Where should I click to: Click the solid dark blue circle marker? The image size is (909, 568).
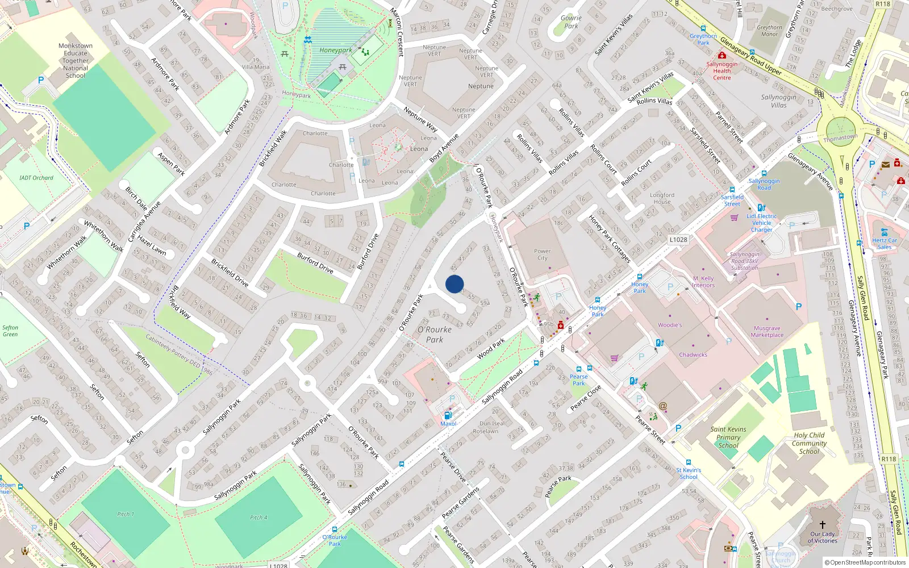tap(454, 284)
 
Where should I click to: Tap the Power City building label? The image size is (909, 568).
tap(542, 254)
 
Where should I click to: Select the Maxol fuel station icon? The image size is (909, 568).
tap(448, 416)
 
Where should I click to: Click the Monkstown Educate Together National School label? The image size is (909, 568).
tap(76, 61)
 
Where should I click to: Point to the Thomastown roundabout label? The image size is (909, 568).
tap(840, 138)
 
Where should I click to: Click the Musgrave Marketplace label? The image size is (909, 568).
tap(767, 332)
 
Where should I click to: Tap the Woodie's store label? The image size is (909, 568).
tap(670, 325)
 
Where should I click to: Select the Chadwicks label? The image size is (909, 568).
tap(693, 354)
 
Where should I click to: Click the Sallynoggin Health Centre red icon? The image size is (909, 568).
tap(722, 56)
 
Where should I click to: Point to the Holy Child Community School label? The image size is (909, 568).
tap(809, 443)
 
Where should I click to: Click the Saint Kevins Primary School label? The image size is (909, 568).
tap(728, 437)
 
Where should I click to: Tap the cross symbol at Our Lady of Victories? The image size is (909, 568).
tap(822, 525)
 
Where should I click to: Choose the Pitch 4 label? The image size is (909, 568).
tap(258, 517)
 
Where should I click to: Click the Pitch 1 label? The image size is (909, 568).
tap(126, 514)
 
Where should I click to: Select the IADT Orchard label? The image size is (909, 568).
tap(36, 178)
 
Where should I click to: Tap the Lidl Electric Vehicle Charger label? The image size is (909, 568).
tap(762, 223)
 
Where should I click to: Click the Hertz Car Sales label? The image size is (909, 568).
tap(885, 243)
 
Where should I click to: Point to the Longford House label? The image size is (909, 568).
tap(662, 198)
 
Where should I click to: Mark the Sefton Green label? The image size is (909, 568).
tap(10, 331)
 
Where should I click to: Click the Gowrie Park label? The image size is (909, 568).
tap(571, 22)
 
